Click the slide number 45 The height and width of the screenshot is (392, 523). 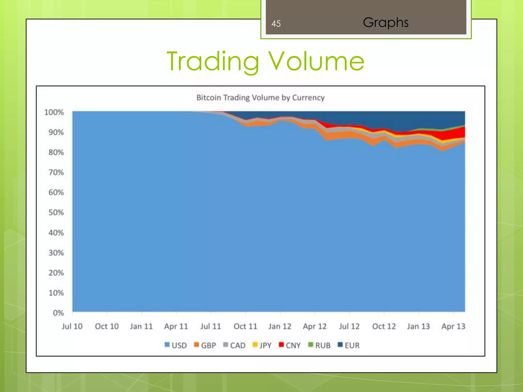[x=276, y=24]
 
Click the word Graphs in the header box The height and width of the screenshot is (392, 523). [x=385, y=23]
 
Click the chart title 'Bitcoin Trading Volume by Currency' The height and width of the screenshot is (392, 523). [x=260, y=97]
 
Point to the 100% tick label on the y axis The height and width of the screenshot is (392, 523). [x=54, y=112]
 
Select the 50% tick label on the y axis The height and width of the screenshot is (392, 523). [x=56, y=213]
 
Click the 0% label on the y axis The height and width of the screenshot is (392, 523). [x=58, y=313]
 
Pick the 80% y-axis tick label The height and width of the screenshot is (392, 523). [x=56, y=152]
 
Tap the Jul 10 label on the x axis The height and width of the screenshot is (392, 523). [x=72, y=326]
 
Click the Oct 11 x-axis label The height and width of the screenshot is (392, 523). [x=245, y=326]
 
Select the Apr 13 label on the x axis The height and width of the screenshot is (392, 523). [x=453, y=326]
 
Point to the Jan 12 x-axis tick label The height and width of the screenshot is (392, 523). [x=280, y=326]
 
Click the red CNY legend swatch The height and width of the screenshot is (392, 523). [x=281, y=345]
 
